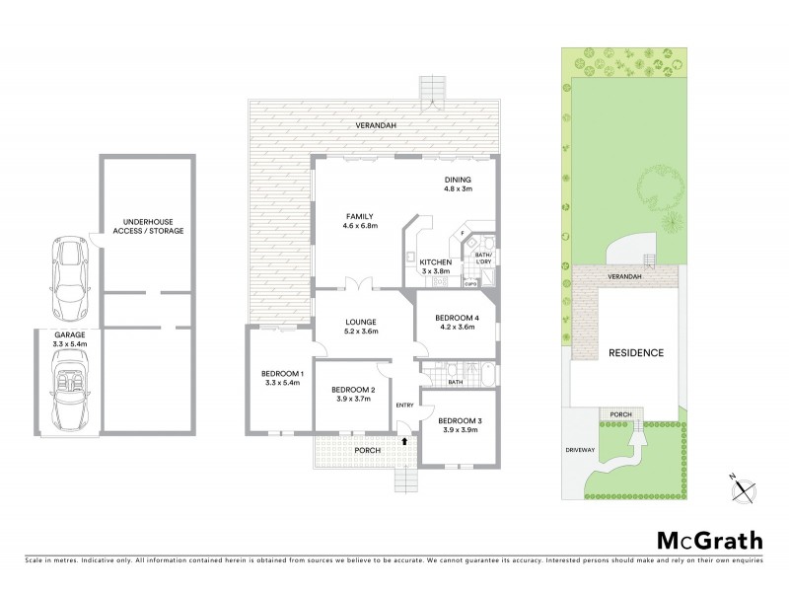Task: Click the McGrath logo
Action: click(x=709, y=540)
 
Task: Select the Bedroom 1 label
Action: click(x=282, y=378)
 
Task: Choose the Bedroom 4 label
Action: click(x=456, y=322)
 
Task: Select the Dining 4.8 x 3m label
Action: click(x=459, y=184)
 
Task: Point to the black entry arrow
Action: click(x=403, y=426)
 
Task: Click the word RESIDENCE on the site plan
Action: click(x=635, y=352)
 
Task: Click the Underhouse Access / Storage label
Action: click(x=147, y=225)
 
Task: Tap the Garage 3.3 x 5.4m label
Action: click(x=70, y=340)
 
